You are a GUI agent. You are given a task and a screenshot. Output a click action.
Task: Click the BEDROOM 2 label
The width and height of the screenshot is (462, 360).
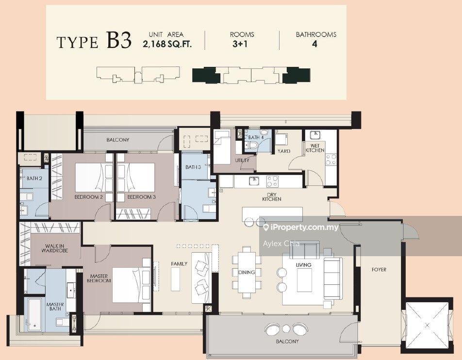pos(88,197)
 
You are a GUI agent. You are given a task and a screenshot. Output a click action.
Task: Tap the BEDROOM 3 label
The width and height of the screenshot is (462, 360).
pos(141,197)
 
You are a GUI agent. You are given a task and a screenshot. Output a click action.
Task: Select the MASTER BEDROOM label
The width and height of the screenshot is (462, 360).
pos(99,278)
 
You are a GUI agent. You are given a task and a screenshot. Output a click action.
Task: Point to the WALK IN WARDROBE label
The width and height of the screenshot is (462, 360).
pos(55,248)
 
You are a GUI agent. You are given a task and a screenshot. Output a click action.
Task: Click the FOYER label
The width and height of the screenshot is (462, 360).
pos(379,270)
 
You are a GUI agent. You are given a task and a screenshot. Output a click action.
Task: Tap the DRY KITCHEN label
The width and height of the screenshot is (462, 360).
pos(272,197)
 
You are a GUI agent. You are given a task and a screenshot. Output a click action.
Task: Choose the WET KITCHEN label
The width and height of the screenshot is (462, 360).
pos(315,148)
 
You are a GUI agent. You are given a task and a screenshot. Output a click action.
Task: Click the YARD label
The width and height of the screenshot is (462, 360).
pos(284,151)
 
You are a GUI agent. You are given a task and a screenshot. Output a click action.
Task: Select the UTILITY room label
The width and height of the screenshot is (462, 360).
pos(242,160)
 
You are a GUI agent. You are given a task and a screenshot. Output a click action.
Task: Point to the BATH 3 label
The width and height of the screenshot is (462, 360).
pos(193,167)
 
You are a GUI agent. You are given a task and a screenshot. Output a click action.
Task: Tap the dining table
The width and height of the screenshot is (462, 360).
pos(247,272)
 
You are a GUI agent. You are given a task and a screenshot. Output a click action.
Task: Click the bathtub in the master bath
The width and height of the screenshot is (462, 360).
pos(35,314)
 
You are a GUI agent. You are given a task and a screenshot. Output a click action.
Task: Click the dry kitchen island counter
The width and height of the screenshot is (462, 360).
pos(272,213)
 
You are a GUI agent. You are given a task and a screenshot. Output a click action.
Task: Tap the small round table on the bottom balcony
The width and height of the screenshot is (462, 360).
pos(286,328)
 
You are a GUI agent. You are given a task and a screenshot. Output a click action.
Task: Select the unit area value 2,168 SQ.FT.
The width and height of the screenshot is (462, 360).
pos(167,45)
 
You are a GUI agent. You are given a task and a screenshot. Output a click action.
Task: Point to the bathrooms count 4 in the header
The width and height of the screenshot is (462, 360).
pos(314,44)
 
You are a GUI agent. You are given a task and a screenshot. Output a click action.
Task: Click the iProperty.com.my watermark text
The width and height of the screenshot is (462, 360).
pos(300,227)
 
